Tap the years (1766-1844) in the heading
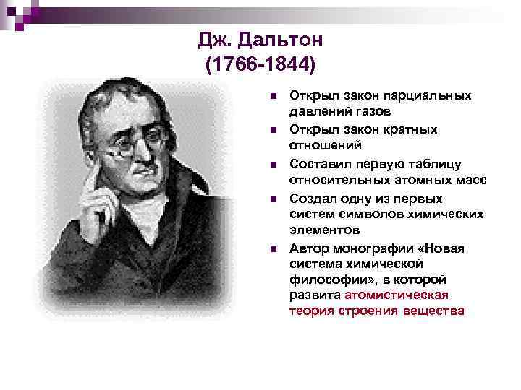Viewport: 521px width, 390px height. click(x=260, y=66)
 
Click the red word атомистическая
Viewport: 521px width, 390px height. click(x=397, y=295)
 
